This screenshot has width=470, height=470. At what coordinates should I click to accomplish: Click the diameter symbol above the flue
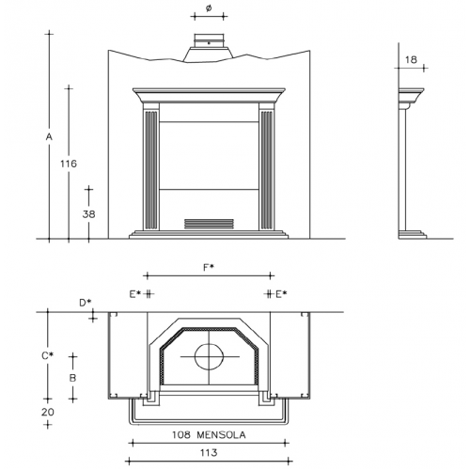click(209, 8)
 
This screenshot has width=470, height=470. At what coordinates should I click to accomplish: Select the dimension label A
click(49, 137)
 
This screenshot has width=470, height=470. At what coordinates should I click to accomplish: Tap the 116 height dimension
click(69, 164)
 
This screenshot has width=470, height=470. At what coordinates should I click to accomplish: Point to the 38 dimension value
click(88, 214)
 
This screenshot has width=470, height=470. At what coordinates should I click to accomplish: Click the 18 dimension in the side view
click(411, 59)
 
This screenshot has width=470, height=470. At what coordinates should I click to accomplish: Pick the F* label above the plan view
click(209, 268)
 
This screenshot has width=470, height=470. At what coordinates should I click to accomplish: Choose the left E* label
click(135, 294)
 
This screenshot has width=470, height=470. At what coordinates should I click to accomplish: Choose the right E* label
click(281, 294)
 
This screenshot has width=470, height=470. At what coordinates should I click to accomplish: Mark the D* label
click(85, 303)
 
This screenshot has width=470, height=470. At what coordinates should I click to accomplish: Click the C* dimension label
click(48, 356)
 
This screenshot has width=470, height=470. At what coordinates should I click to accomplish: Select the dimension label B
click(72, 378)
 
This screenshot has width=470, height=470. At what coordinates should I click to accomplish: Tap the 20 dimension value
click(48, 412)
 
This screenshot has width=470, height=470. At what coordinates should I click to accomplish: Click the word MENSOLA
click(221, 435)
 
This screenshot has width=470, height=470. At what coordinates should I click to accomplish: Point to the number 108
click(180, 435)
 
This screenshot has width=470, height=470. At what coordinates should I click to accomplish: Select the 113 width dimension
click(209, 452)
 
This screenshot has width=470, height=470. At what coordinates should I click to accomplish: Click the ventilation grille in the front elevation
click(209, 224)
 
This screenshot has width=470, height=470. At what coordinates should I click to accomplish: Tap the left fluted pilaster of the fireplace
click(151, 169)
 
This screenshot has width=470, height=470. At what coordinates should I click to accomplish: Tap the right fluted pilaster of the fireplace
click(267, 169)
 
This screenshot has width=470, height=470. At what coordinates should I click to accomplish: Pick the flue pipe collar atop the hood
click(209, 41)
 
